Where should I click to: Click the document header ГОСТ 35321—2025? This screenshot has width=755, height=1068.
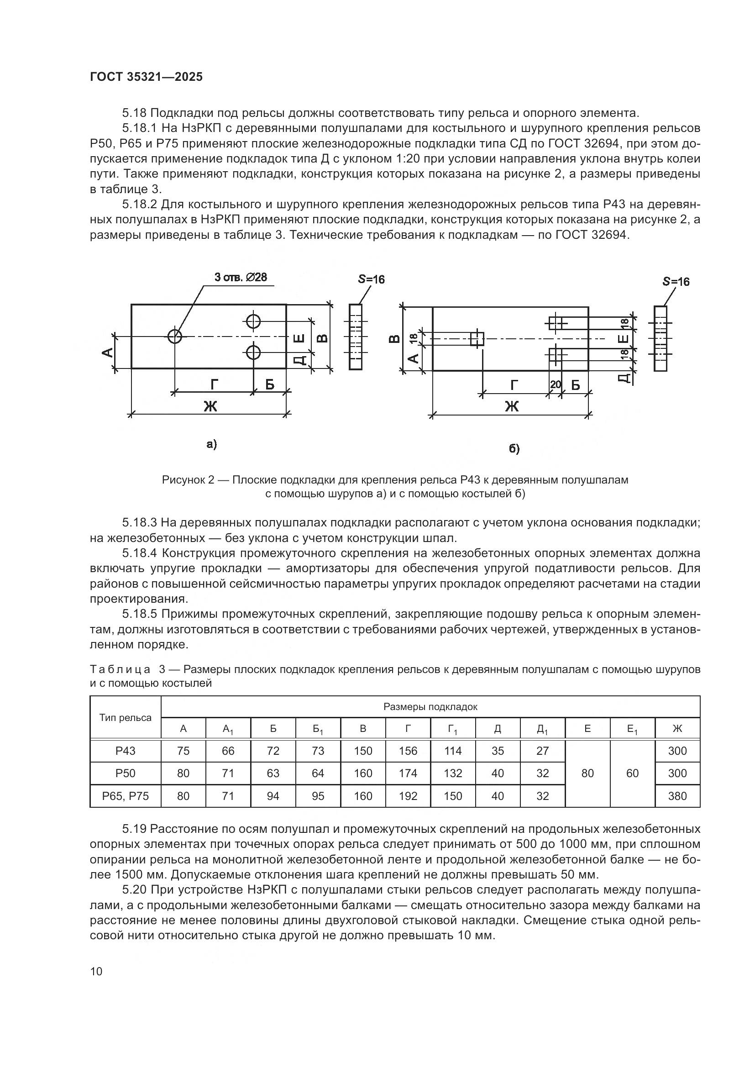click(147, 77)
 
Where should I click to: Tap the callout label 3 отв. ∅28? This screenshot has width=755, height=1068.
click(241, 277)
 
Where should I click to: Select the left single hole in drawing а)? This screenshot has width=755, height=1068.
click(175, 336)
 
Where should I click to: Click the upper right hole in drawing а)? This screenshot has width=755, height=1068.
click(253, 321)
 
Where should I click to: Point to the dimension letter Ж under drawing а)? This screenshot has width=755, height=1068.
click(210, 406)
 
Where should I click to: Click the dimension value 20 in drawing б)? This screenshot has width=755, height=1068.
click(556, 384)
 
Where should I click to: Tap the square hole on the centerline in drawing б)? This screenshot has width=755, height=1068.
click(477, 339)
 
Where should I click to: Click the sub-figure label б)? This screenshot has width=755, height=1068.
click(514, 448)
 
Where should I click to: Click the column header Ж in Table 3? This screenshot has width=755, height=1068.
click(677, 728)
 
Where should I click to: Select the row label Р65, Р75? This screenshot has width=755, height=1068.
click(126, 796)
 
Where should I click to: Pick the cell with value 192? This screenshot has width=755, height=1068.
click(408, 796)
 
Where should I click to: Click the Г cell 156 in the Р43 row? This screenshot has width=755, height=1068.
click(408, 751)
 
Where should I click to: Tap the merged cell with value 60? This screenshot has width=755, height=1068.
click(632, 773)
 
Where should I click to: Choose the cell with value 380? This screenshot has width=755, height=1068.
click(677, 796)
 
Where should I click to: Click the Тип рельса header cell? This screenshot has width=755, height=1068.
click(126, 717)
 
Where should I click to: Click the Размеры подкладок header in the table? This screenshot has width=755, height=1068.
click(430, 707)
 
